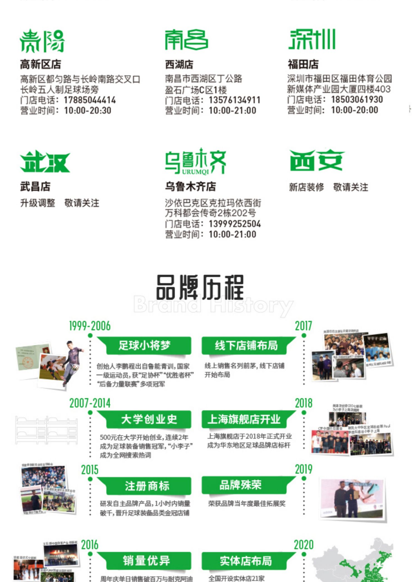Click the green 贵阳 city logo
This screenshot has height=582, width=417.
point(42,41)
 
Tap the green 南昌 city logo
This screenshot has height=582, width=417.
point(186,40)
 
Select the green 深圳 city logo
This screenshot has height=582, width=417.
point(312,39)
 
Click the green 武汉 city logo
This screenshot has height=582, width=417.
point(45,162)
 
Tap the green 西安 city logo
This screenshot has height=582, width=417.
point(317,160)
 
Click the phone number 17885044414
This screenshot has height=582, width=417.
point(90,100)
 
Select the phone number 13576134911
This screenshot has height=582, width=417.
point(234,100)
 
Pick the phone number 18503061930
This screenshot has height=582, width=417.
point(357,99)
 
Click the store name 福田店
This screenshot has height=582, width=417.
point(303,64)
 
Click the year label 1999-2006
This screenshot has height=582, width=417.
point(90,326)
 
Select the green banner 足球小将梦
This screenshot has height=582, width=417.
point(144,345)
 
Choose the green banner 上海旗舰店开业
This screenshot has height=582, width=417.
point(244,419)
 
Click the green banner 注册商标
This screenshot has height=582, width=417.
point(147,486)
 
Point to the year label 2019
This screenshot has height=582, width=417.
point(304,469)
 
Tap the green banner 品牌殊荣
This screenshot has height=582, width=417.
point(240,485)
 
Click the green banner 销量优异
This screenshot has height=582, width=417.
point(147,560)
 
